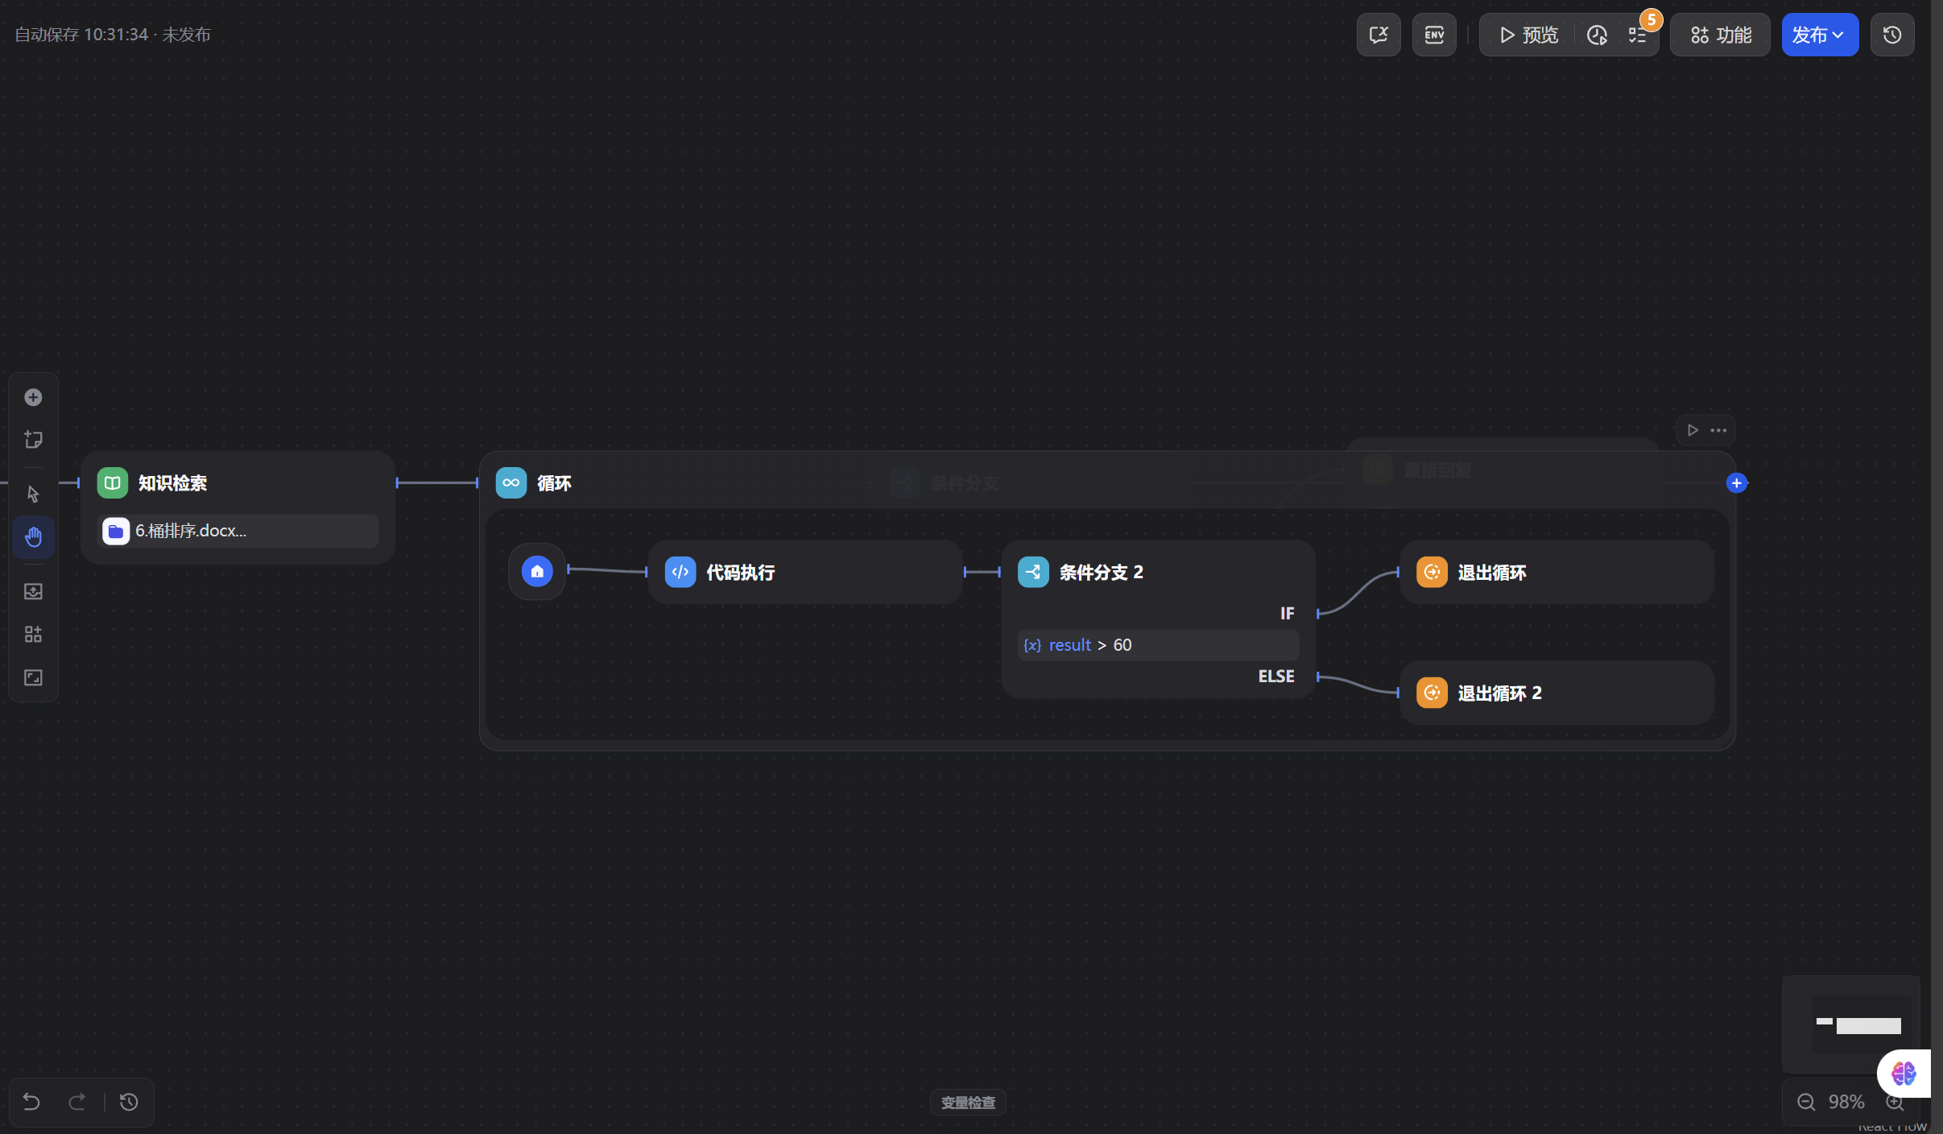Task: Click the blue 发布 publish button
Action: (x=1818, y=35)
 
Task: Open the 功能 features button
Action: (x=1720, y=35)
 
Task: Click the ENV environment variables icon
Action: (x=1433, y=35)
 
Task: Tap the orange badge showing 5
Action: (x=1651, y=19)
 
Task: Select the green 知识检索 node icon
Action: (x=112, y=482)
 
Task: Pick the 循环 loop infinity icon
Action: (x=511, y=482)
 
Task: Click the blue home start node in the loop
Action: (x=537, y=571)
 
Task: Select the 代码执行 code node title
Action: (x=740, y=572)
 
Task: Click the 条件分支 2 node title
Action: (x=1101, y=572)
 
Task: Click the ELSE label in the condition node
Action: (x=1275, y=676)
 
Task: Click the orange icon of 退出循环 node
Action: (x=1431, y=572)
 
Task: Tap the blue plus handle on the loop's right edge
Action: (x=1736, y=482)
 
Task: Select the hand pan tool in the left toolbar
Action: (x=33, y=536)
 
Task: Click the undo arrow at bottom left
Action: (x=31, y=1101)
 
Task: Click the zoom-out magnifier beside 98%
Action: (x=1806, y=1101)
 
